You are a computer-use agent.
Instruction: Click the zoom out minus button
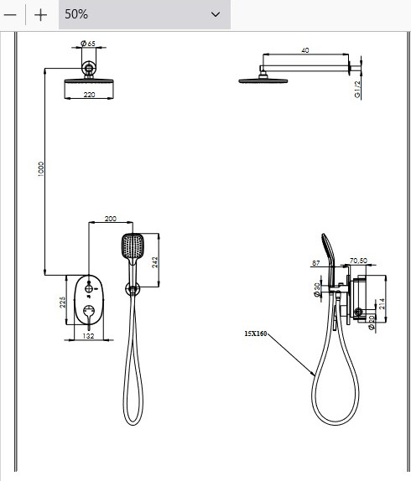(x=10, y=14)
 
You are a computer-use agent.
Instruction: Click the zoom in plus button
(x=40, y=15)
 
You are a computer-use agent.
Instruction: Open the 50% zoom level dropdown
(x=144, y=14)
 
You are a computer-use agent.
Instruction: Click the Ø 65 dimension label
(x=88, y=44)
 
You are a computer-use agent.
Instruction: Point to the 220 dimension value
(x=89, y=95)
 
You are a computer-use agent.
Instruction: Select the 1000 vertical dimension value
(x=41, y=169)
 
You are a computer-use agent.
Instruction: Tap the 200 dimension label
(x=111, y=219)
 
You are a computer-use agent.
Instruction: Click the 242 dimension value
(x=154, y=262)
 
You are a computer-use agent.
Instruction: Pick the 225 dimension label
(x=62, y=303)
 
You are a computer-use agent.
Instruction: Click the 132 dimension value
(x=88, y=336)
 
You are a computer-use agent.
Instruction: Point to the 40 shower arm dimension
(x=305, y=50)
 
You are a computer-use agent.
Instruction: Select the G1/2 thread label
(x=357, y=90)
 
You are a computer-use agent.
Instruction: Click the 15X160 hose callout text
(x=256, y=334)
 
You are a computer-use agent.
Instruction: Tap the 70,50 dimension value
(x=358, y=261)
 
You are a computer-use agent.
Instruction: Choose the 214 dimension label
(x=382, y=303)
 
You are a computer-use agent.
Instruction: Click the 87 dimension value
(x=316, y=263)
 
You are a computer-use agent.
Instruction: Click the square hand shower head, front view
(x=133, y=246)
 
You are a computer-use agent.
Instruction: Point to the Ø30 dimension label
(x=317, y=290)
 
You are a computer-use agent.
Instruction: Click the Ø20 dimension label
(x=372, y=323)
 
